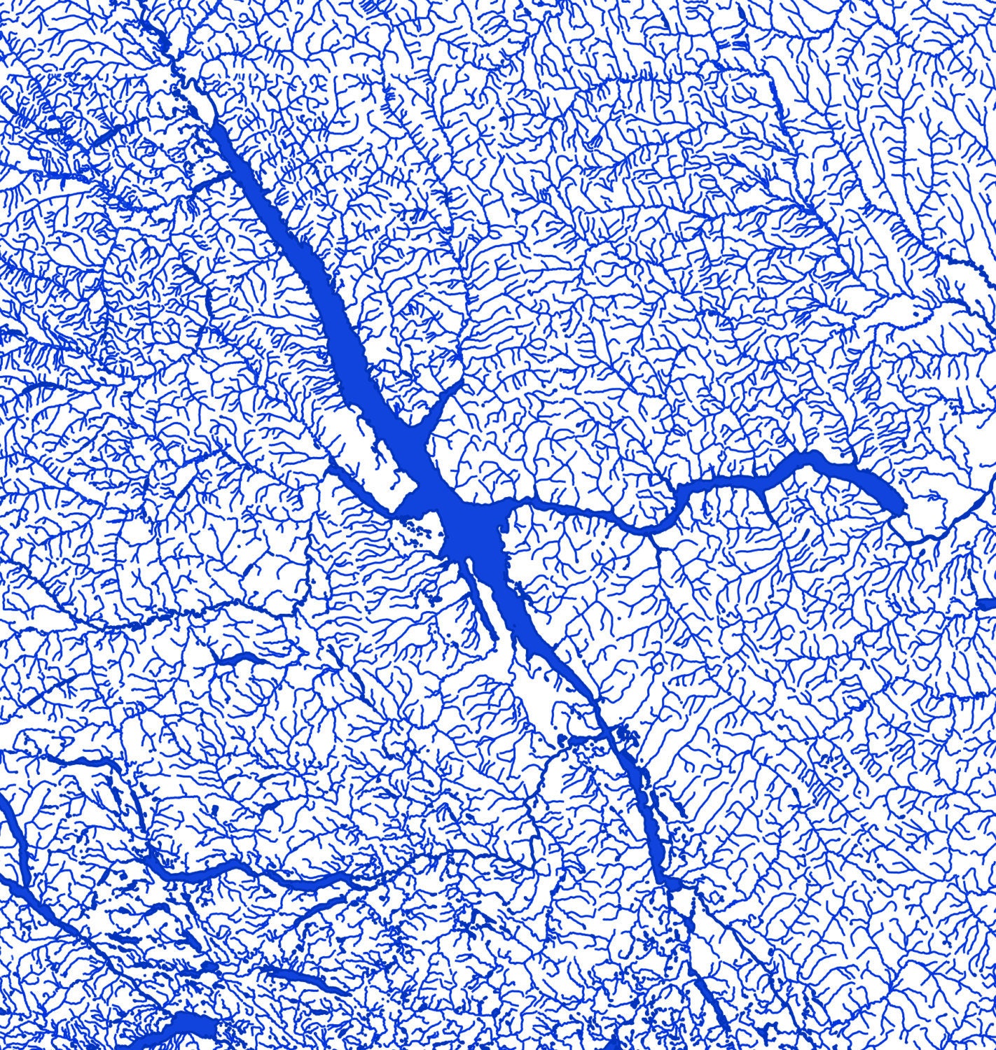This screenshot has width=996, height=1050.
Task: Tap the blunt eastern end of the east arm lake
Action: pyautogui.click(x=897, y=503)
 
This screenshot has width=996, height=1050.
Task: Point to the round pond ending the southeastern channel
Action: pyautogui.click(x=673, y=885)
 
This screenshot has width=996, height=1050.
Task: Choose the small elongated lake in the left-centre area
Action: pyautogui.click(x=238, y=658)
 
